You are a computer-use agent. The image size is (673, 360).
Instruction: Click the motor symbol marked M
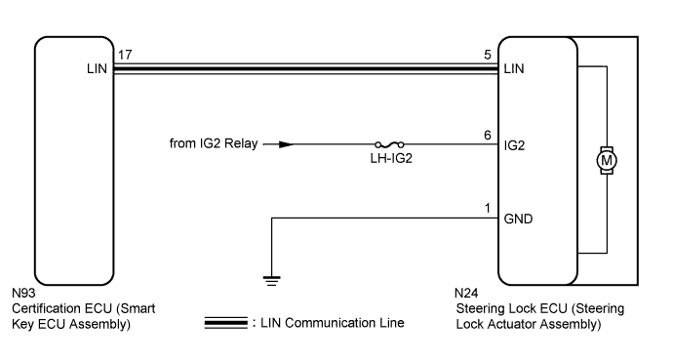click(x=607, y=158)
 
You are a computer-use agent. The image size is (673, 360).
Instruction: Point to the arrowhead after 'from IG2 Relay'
click(x=284, y=144)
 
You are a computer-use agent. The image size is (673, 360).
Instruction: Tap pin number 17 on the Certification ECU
click(x=124, y=56)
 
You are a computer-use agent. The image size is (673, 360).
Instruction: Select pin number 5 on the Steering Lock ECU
click(x=487, y=56)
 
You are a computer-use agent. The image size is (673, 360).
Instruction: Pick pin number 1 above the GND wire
click(x=487, y=206)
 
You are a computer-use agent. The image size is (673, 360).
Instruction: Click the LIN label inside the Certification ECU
click(x=96, y=70)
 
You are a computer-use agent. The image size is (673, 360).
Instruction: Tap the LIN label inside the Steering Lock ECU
click(x=514, y=70)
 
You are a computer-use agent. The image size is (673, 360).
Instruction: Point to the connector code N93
click(x=23, y=293)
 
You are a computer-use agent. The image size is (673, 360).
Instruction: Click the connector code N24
click(x=467, y=293)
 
